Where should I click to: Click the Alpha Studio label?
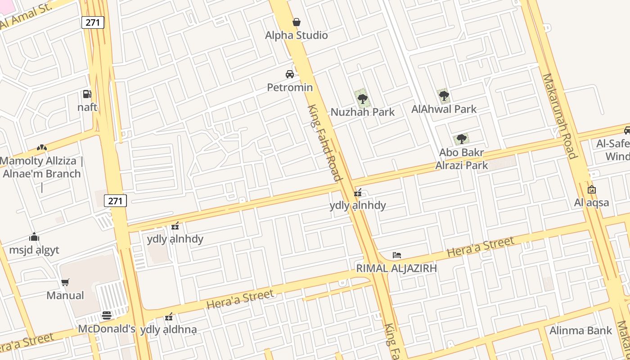coord(296,35)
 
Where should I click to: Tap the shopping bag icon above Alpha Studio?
coord(297,22)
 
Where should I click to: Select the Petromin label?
coord(290,87)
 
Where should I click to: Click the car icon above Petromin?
coord(290,74)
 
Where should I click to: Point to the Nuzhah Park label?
coord(362,112)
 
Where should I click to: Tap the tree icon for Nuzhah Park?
coord(362,99)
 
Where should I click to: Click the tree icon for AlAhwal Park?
coord(444,95)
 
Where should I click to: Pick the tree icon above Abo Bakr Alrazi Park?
coord(461,139)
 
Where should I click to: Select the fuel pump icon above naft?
coord(87,94)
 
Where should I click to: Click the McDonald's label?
coord(107,328)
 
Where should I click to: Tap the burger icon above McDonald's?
coord(107,315)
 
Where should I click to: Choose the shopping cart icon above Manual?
coord(65,282)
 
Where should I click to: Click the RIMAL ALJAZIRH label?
coord(396,268)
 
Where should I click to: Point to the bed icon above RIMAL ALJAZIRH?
coord(396,255)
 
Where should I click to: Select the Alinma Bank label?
coord(581,331)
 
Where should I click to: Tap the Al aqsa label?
coord(591,202)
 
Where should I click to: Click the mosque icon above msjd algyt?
coord(34,237)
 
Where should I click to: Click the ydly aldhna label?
coord(168,330)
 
